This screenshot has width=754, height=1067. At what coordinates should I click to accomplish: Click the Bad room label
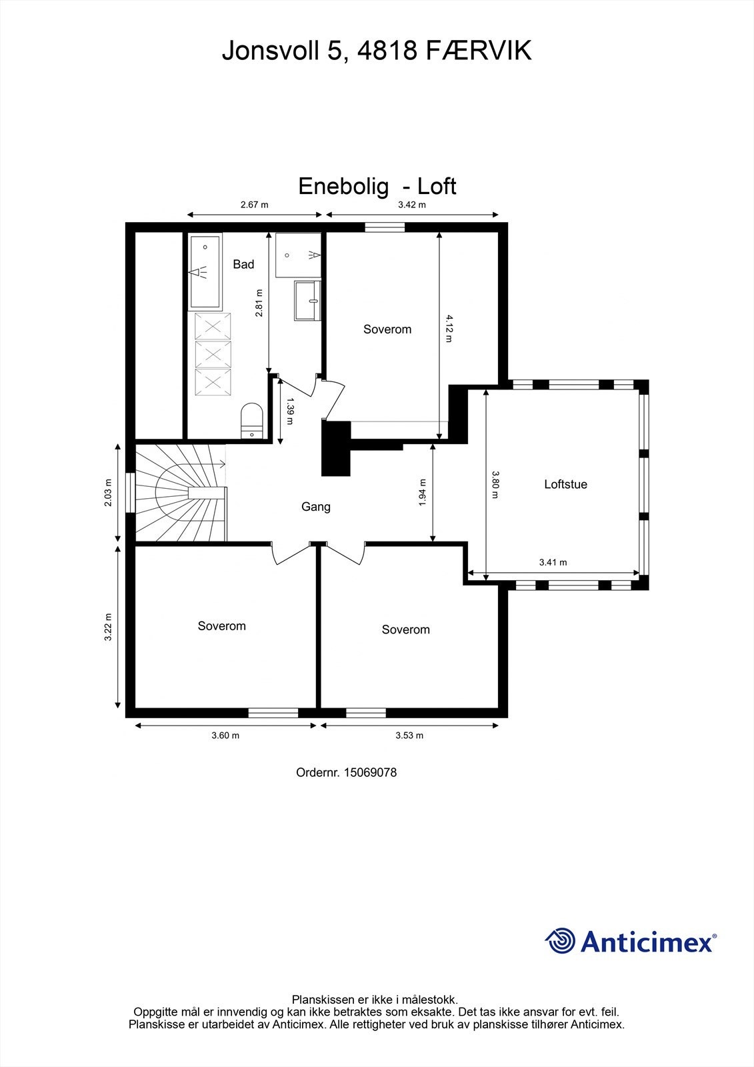point(243,265)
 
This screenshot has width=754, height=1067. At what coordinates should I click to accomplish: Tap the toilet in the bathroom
point(252,420)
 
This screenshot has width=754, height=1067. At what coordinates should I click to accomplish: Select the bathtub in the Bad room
point(205,271)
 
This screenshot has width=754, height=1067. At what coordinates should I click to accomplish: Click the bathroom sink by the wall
point(307,301)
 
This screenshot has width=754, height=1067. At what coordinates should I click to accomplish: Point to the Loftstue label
point(565,485)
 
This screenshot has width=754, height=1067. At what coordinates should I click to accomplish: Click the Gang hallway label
point(315,507)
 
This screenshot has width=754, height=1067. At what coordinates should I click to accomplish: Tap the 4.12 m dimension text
point(449,328)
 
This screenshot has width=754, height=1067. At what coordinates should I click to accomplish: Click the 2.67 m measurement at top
point(254,205)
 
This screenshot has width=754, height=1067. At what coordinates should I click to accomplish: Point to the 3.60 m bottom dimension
point(225,736)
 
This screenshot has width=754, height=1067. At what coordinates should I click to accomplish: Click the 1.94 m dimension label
point(423,493)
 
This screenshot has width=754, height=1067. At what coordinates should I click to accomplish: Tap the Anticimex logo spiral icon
point(560,941)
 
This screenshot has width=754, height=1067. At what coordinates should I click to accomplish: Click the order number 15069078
point(370,772)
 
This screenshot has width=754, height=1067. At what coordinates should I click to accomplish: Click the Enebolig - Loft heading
point(377,186)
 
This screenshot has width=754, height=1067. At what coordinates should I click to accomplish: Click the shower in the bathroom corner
point(298,255)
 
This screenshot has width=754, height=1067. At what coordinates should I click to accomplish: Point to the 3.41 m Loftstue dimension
point(553,562)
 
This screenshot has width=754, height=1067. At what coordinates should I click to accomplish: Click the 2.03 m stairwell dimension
point(108,493)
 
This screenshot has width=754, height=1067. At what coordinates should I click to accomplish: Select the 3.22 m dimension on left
point(108,628)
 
